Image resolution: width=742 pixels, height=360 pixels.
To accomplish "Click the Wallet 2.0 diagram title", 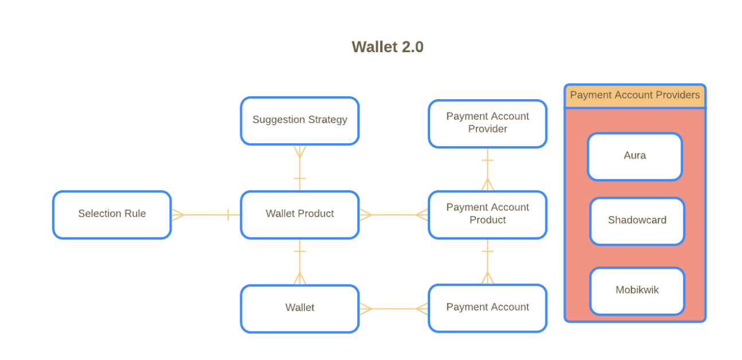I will click(x=388, y=47).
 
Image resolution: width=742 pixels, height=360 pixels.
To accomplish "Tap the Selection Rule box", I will click(x=112, y=214).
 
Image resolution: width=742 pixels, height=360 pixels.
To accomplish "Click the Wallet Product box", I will click(x=299, y=214).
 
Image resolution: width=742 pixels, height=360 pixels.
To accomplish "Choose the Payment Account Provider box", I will click(x=487, y=123).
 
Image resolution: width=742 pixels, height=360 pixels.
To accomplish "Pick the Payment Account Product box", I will click(x=487, y=214).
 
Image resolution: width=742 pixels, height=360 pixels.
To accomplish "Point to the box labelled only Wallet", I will click(x=299, y=308).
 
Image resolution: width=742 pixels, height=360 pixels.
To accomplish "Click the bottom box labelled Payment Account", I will click(x=487, y=308).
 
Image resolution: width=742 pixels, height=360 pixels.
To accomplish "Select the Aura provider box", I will click(x=635, y=156).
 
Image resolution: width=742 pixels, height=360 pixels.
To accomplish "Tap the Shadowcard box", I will click(x=637, y=221).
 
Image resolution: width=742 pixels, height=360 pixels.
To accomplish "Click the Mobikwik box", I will click(x=637, y=291).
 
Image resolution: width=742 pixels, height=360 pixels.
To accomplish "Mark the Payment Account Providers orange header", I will click(x=635, y=96).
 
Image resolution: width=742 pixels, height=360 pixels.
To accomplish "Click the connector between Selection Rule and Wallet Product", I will click(x=205, y=215).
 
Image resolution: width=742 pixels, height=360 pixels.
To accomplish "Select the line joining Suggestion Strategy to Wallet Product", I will click(x=299, y=168).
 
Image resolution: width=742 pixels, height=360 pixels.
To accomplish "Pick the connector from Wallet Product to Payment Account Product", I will click(x=393, y=215).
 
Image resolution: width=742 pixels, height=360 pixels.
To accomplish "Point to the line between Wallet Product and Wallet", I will click(x=299, y=262).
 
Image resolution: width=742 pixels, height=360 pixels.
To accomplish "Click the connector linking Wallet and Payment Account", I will click(x=393, y=309).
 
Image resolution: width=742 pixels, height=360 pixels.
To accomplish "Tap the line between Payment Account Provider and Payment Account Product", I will click(x=487, y=169).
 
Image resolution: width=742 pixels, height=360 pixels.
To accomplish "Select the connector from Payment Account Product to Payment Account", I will click(x=487, y=262).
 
